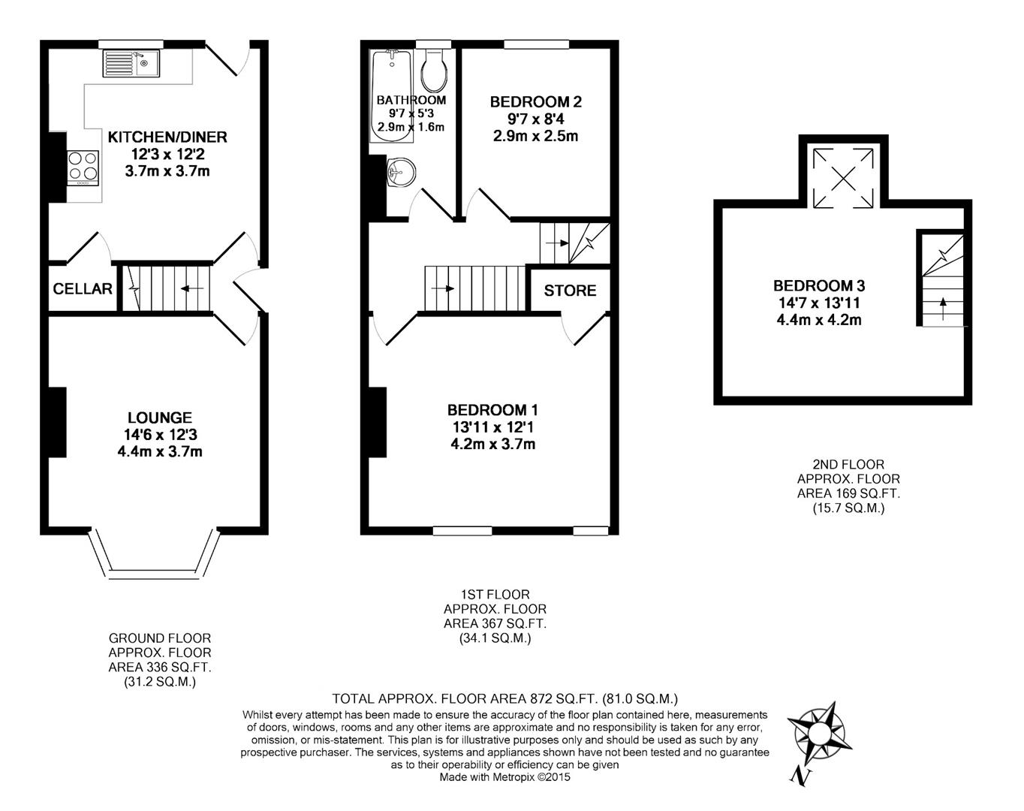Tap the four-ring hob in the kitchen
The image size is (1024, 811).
(x=83, y=167)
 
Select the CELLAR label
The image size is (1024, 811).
(x=83, y=289)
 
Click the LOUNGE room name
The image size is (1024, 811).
(x=159, y=418)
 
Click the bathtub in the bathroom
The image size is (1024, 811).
(x=392, y=95)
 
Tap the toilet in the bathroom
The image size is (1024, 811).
(x=435, y=70)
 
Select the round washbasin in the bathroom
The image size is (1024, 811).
(x=400, y=173)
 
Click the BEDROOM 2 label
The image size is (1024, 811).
(x=535, y=102)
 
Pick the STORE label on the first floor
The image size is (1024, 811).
(x=570, y=291)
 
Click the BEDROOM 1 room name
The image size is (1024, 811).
(x=492, y=410)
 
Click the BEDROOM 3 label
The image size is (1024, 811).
(x=819, y=286)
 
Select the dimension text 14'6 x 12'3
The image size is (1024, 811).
(x=159, y=435)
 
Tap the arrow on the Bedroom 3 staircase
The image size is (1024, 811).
(x=943, y=308)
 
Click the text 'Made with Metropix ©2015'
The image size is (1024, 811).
(x=504, y=777)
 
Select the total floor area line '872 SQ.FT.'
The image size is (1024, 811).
(x=504, y=698)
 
